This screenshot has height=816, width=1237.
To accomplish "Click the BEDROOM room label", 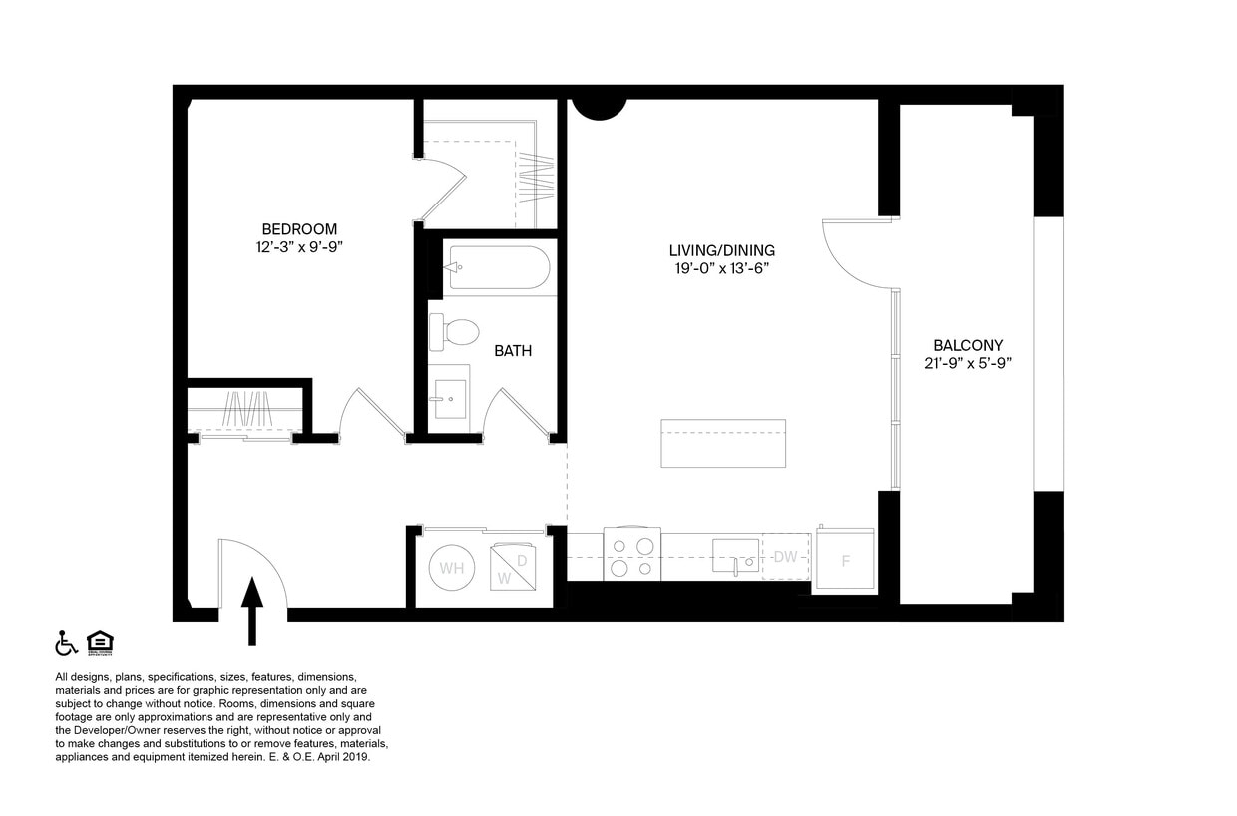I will pyautogui.click(x=299, y=229).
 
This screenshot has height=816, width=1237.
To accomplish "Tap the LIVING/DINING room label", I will pyautogui.click(x=721, y=250).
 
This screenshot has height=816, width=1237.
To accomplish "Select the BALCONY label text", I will pyautogui.click(x=968, y=345).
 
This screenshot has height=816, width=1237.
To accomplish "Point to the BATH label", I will pyautogui.click(x=513, y=351).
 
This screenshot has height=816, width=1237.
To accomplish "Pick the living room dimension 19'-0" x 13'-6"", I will pyautogui.click(x=721, y=268).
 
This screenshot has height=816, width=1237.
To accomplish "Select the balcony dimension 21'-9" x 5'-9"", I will pyautogui.click(x=968, y=363).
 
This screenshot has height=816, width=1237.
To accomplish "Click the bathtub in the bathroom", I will pyautogui.click(x=498, y=267).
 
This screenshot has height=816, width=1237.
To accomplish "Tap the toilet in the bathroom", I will pyautogui.click(x=454, y=332).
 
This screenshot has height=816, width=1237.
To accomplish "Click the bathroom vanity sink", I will pyautogui.click(x=448, y=399).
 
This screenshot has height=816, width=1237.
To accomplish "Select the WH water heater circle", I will pyautogui.click(x=452, y=569).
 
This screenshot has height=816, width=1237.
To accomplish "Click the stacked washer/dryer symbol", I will pyautogui.click(x=520, y=568).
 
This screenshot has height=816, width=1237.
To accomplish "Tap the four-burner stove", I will pyautogui.click(x=632, y=555).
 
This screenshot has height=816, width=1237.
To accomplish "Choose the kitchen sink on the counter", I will pyautogui.click(x=736, y=556).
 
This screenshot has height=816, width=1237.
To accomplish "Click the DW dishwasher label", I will pyautogui.click(x=786, y=557).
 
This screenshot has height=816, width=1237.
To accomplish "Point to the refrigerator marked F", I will pyautogui.click(x=845, y=561).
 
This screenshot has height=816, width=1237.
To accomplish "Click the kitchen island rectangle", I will pyautogui.click(x=723, y=444).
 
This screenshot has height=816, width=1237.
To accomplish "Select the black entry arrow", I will pyautogui.click(x=252, y=611).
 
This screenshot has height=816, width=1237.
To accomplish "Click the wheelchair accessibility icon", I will pyautogui.click(x=66, y=643).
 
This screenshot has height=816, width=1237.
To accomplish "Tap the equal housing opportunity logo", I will pyautogui.click(x=99, y=643).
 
